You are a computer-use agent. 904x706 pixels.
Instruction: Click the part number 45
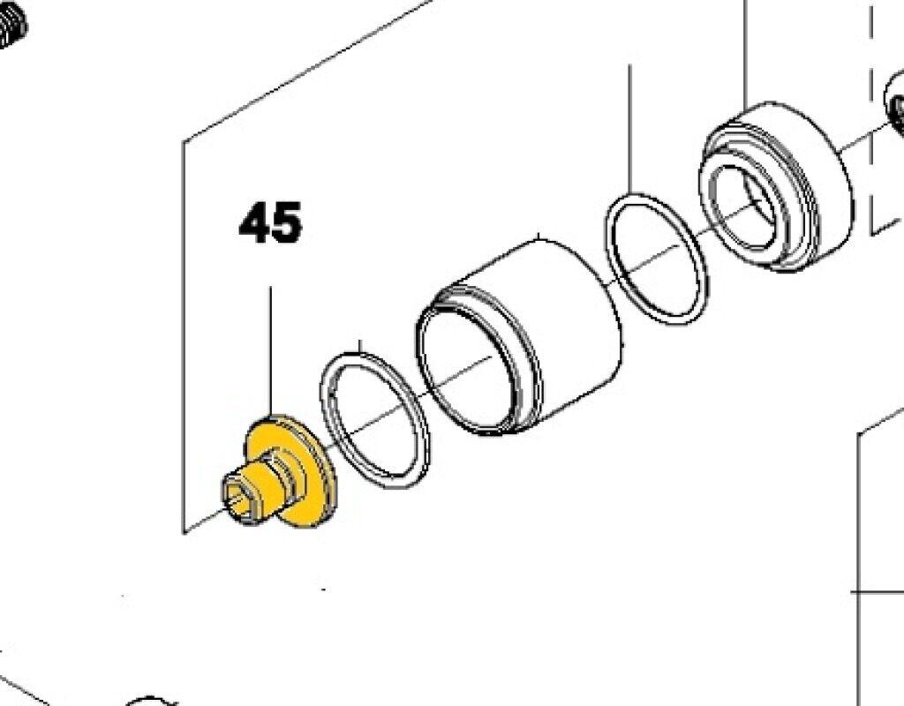(270, 222)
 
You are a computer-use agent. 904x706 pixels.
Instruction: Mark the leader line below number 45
(270, 351)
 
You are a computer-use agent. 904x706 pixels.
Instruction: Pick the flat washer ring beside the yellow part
(374, 421)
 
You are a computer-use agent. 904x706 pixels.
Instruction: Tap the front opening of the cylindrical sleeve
(467, 369)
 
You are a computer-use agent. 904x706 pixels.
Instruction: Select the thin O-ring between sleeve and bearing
(656, 259)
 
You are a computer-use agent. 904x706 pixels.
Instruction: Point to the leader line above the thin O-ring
(629, 129)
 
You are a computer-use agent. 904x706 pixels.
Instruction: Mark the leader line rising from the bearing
(745, 55)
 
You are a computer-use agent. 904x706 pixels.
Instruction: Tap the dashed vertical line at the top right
(871, 116)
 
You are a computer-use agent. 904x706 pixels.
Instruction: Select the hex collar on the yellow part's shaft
(283, 477)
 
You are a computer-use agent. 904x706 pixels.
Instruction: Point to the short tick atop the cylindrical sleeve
(539, 237)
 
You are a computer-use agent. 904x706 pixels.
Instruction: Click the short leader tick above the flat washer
(360, 346)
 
